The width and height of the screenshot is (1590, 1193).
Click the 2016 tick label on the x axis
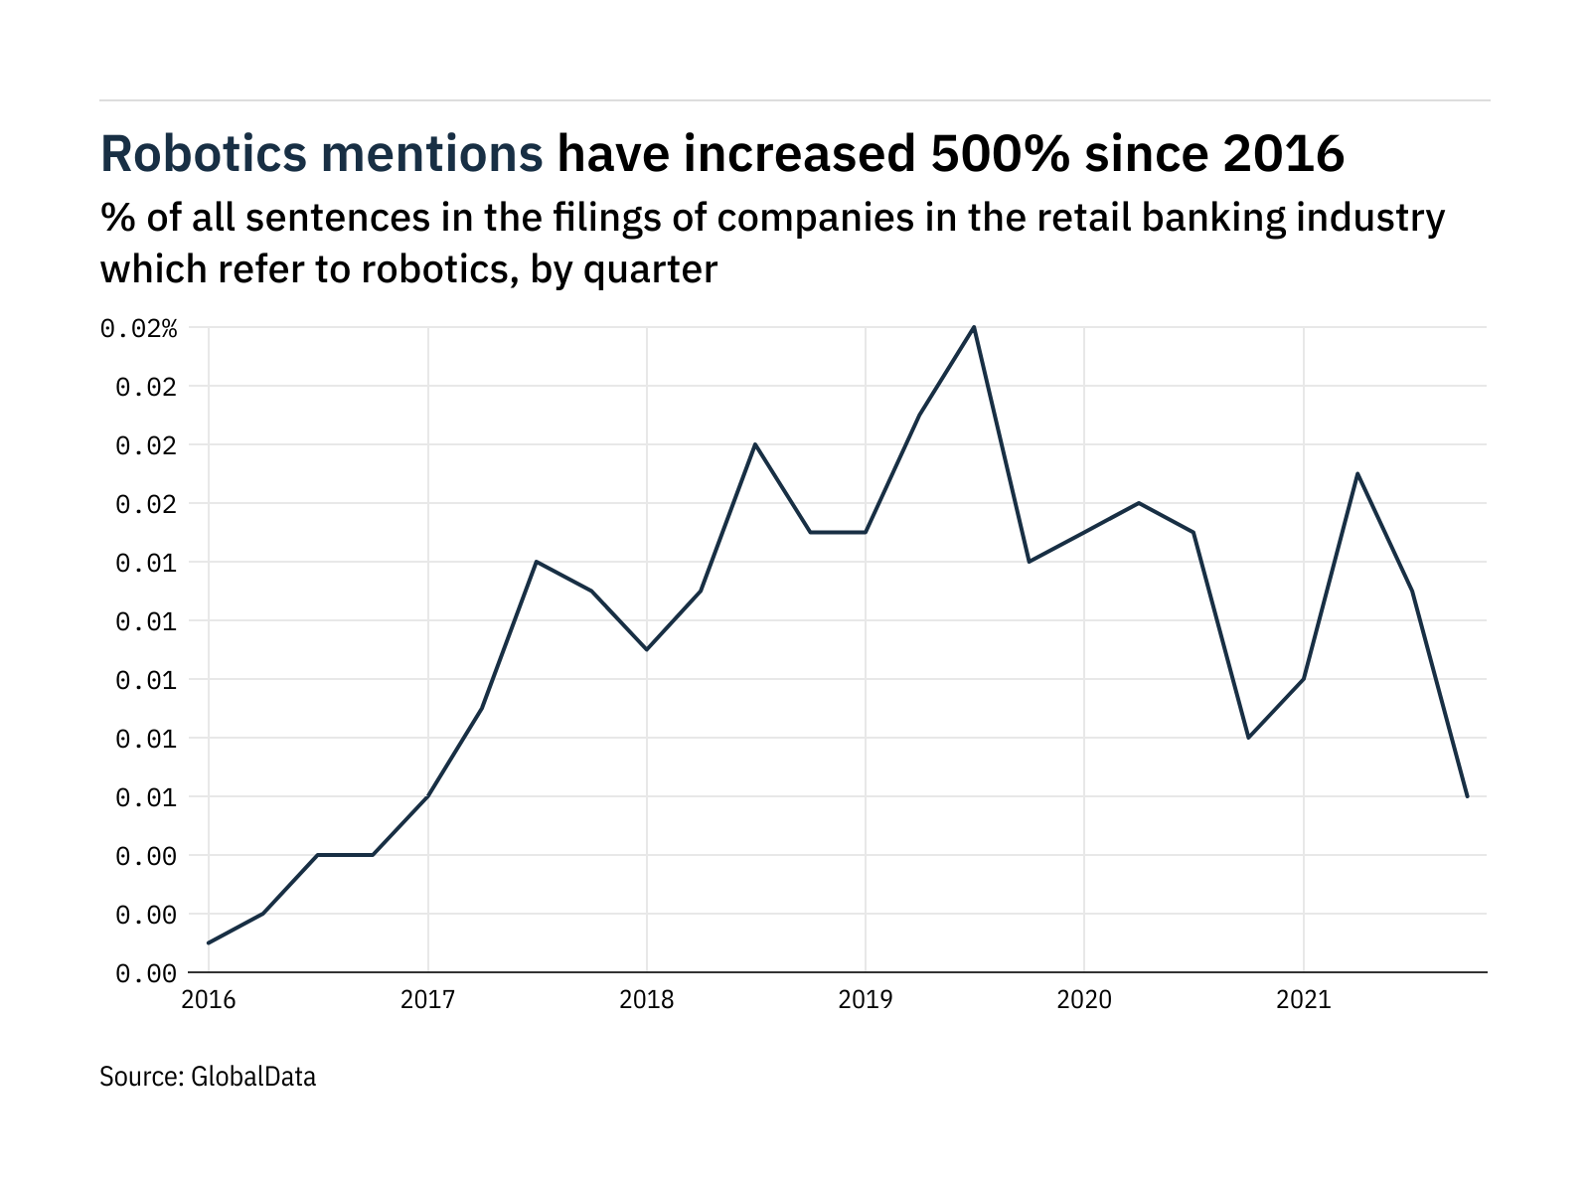[x=209, y=999]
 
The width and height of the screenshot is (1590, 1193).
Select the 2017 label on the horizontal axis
[x=427, y=999]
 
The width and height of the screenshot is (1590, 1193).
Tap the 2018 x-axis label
[x=647, y=999]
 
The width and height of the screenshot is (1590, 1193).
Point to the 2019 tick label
[x=866, y=999]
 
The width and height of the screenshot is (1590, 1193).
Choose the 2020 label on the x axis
[x=1084, y=999]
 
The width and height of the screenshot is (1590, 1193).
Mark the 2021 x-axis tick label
[x=1303, y=999]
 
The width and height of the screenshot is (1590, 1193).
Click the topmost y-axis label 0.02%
[x=139, y=328]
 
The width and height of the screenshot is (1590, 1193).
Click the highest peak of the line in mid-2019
[x=974, y=327]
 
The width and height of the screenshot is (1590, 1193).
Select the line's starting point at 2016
[x=209, y=942]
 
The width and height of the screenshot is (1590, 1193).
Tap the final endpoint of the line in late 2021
[x=1467, y=796]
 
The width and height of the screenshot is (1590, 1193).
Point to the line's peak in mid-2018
[x=755, y=444]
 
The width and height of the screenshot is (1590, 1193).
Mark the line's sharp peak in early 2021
[x=1357, y=473]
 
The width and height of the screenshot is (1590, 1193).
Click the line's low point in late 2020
[x=1248, y=738]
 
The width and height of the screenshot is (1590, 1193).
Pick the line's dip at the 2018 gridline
[x=647, y=649]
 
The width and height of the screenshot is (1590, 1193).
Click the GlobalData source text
[x=252, y=1077]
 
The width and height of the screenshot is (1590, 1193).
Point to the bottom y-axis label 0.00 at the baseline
[x=146, y=974]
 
